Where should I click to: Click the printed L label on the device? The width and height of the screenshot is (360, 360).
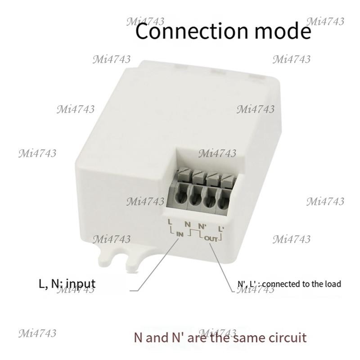(x=170, y=222)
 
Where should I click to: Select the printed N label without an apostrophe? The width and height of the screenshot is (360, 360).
(x=188, y=224)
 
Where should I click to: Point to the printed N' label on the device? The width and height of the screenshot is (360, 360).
(x=202, y=226)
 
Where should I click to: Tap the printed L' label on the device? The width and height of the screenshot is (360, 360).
(x=221, y=229)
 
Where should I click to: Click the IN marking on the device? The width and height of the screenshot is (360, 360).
(x=180, y=234)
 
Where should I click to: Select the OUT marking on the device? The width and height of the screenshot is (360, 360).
(x=211, y=239)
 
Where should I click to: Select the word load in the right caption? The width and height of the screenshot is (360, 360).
(x=333, y=284)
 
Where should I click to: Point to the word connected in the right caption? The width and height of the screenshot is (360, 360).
(x=280, y=284)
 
